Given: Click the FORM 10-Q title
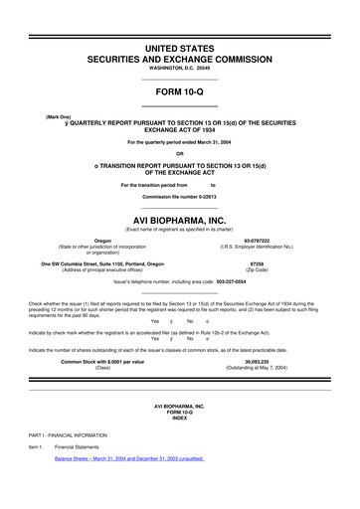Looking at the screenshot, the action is coord(179,89).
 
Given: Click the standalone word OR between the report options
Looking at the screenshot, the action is coord(179,153).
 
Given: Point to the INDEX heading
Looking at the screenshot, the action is coord(179,419).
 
